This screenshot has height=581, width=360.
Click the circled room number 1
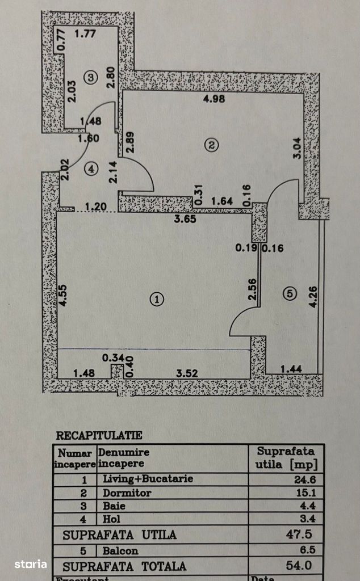[x=156, y=299]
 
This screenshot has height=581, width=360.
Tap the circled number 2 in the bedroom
[x=211, y=145]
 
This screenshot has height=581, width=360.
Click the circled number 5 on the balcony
[x=290, y=293]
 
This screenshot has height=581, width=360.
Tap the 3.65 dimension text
[x=185, y=220]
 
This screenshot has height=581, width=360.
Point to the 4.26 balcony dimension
[x=313, y=296]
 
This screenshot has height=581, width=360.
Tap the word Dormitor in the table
[x=127, y=492]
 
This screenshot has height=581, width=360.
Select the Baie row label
[x=114, y=505]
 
